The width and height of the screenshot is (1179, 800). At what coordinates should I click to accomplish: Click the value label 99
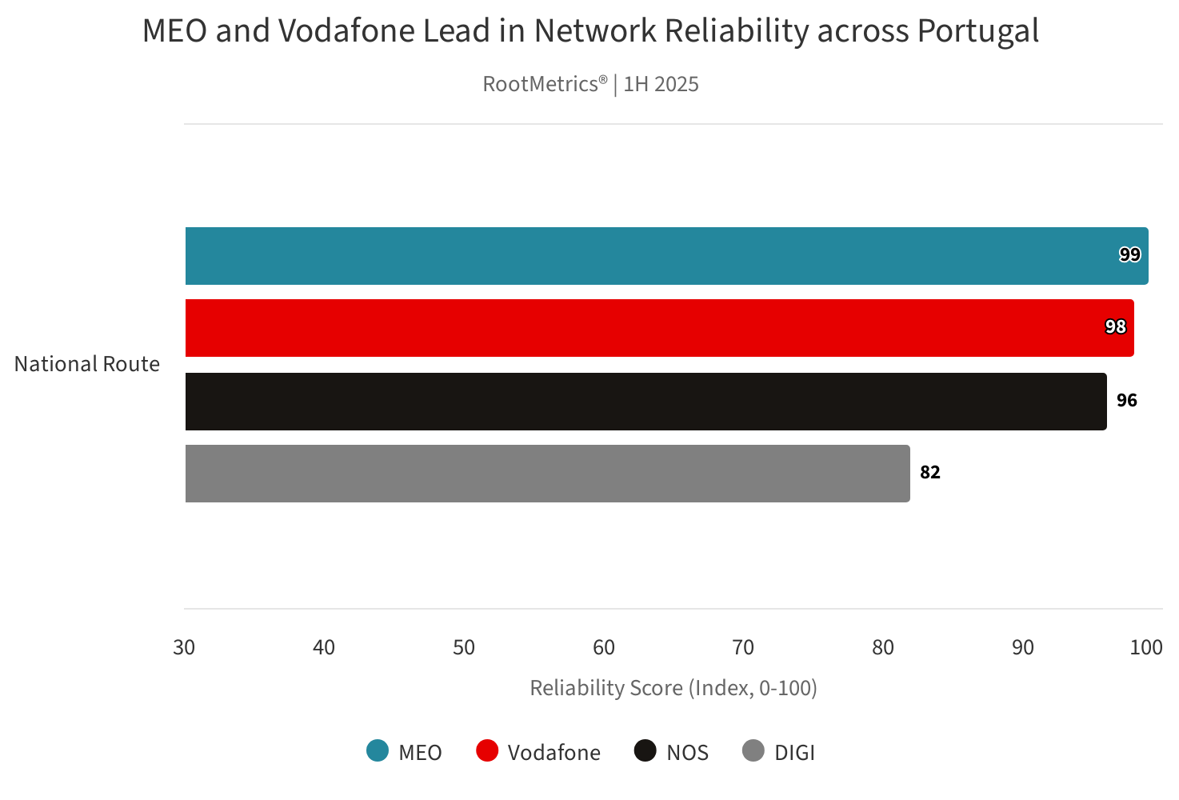1129,255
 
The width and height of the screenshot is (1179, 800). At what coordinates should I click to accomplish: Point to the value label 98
1115,327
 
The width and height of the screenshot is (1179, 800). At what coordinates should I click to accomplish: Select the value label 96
1126,400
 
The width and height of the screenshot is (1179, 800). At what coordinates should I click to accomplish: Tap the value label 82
929,472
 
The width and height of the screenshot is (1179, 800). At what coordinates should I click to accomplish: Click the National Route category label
87,364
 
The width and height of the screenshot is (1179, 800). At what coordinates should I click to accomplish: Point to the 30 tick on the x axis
184,647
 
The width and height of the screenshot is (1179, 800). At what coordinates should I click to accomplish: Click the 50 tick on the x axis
464,647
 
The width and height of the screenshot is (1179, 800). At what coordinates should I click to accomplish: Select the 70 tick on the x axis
743,647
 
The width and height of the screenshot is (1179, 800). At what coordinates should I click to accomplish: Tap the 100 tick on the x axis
1145,647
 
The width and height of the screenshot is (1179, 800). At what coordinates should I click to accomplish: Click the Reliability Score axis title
673,688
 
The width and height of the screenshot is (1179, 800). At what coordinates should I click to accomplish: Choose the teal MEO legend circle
378,751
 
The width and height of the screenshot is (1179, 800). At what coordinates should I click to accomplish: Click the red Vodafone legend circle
486,751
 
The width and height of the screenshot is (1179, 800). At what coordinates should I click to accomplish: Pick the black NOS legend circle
645,751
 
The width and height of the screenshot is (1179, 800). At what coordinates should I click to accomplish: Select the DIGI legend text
794,753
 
